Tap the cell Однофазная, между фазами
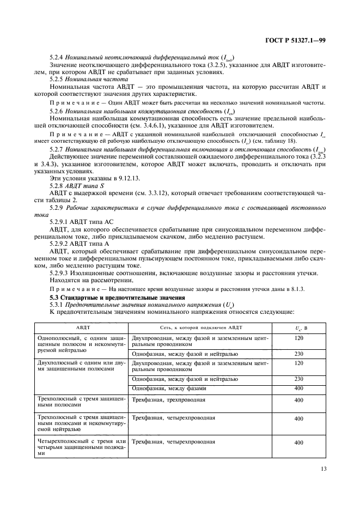click(169, 388)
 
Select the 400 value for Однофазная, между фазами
click(298, 388)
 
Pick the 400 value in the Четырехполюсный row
click(298, 443)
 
